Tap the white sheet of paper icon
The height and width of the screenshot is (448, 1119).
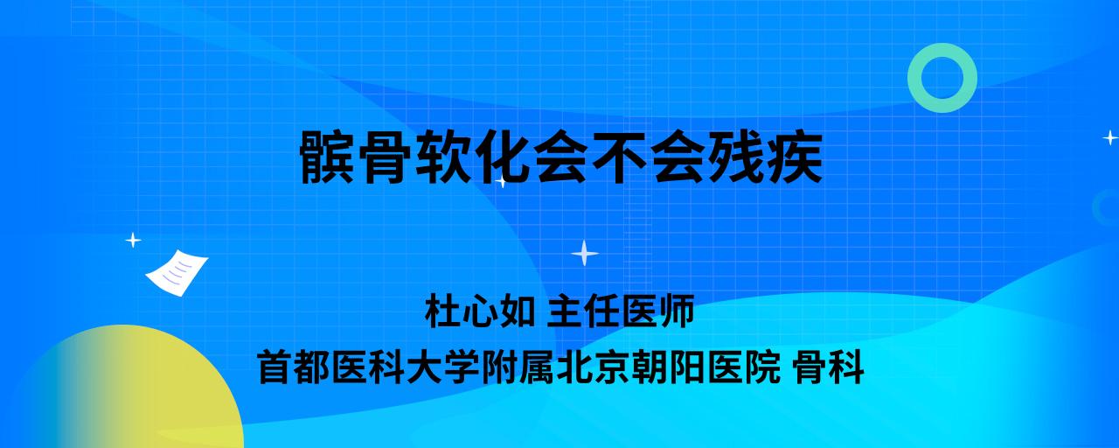click(177, 272)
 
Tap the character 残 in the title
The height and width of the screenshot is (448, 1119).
click(737, 157)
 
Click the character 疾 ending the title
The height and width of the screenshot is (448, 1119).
click(795, 157)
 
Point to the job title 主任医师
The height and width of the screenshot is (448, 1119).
click(621, 311)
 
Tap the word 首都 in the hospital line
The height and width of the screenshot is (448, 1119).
click(295, 367)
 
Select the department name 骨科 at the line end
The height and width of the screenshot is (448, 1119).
click(828, 367)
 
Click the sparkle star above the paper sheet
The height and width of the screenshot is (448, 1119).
click(133, 240)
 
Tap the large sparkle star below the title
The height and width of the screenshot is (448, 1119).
click(585, 253)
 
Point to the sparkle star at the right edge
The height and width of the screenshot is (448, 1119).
click(1110, 137)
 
